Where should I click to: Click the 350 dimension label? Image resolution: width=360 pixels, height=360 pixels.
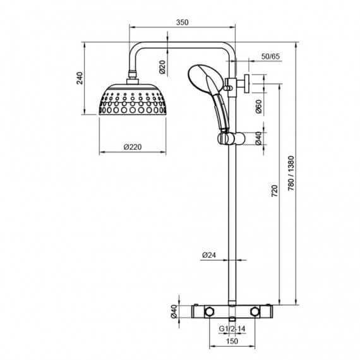click(183, 21)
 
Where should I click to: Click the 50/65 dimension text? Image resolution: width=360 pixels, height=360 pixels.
click(271, 57)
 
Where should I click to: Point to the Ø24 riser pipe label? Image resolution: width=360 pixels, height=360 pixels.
click(210, 256)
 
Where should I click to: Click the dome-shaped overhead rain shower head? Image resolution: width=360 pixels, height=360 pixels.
click(132, 101)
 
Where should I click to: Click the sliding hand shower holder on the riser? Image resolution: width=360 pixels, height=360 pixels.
click(227, 136)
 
